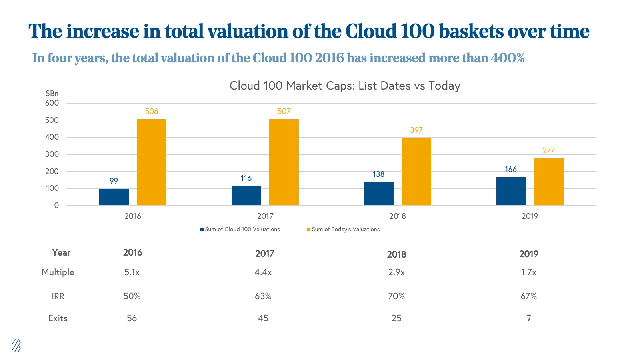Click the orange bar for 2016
pos(152,162)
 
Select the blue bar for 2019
pos(511,191)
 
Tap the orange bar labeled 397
pos(416,172)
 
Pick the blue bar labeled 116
pos(246,195)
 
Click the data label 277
pos(548,150)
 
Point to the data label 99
pos(114,181)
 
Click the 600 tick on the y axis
pos(52,103)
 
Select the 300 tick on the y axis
pos(52,154)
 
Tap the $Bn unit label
pos(52,93)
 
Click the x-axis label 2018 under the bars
pos(397,216)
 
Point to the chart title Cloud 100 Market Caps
pos(345,86)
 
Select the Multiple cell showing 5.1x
pos(132,272)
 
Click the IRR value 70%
pos(396,296)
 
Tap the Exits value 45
pos(263,318)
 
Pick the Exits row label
pos(58,318)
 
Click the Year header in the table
pos(61,252)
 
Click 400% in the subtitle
pos(508,58)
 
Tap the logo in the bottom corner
pos(16,345)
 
